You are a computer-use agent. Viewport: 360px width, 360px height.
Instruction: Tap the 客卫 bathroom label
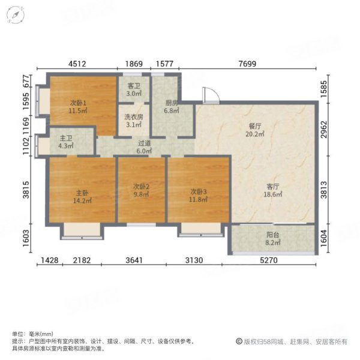(133, 85)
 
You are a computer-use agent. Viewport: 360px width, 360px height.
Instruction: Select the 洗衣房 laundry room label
(133, 117)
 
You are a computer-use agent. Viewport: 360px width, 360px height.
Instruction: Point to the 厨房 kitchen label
(172, 102)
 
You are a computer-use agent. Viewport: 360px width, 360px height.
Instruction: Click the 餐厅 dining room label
(256, 127)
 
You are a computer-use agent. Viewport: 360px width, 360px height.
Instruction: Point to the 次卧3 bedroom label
(197, 191)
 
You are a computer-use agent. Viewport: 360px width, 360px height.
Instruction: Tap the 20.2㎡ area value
(256, 134)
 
